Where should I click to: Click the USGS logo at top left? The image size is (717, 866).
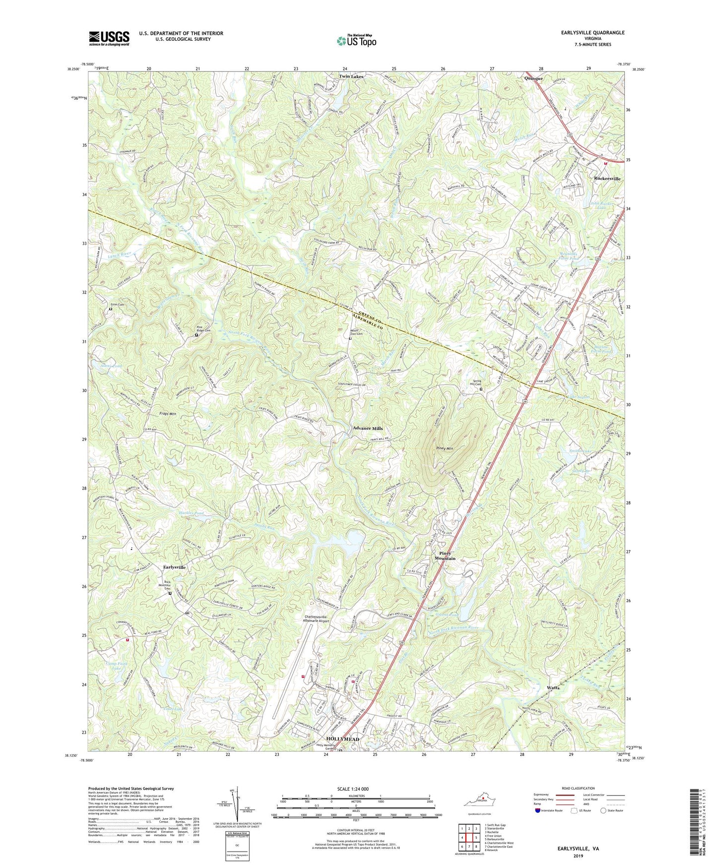(109, 38)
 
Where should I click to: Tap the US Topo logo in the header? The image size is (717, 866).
(356, 40)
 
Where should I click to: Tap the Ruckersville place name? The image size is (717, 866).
(607, 179)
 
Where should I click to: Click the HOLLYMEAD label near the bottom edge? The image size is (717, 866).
(342, 739)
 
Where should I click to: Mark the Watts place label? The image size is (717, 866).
(553, 688)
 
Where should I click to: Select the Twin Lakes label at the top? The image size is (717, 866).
(351, 77)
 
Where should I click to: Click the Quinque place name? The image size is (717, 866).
(533, 78)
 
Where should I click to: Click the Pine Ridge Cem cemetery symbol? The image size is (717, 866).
(196, 335)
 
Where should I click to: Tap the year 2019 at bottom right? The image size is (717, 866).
(578, 856)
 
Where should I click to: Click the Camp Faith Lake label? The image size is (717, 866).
(117, 666)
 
